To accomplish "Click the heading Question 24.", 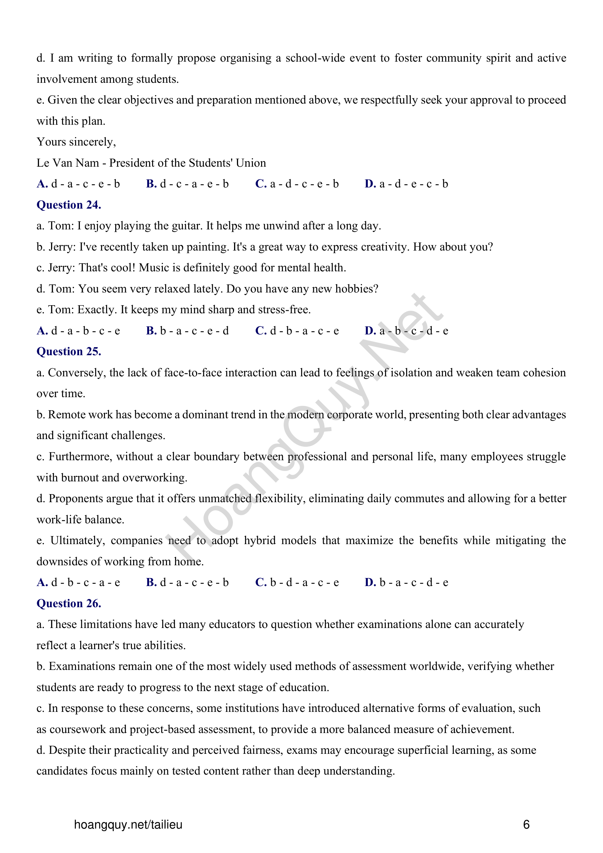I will pos(69,205).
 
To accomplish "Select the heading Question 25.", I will pos(69,352).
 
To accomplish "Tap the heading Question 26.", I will pos(69,603).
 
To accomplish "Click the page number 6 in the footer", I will pos(526,825).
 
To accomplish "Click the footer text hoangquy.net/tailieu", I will pos(128,825).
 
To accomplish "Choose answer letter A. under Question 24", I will pos(42,331).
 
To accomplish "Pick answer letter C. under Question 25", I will pos(261,582).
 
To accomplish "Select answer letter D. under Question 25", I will pos(370,582).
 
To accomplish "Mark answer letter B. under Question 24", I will pos(151,331).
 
